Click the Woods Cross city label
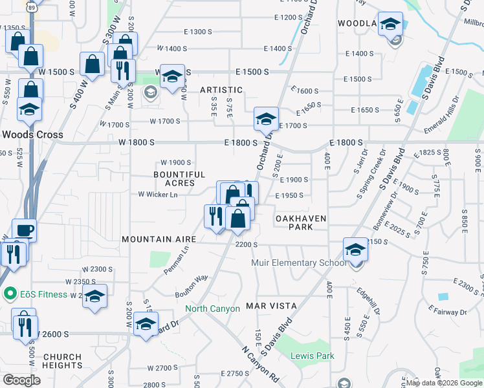(32, 135)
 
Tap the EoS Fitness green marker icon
(9, 294)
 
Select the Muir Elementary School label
(298, 263)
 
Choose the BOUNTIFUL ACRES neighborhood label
(179, 179)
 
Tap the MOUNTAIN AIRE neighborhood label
(158, 239)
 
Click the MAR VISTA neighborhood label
(271, 305)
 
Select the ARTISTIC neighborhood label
(221, 90)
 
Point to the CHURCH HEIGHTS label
(62, 361)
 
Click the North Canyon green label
(212, 308)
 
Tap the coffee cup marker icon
(25, 230)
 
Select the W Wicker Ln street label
(158, 194)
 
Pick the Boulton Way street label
(192, 286)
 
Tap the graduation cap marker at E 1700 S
(266, 120)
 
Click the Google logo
(21, 380)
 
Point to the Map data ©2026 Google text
(443, 383)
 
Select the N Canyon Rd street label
(260, 365)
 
